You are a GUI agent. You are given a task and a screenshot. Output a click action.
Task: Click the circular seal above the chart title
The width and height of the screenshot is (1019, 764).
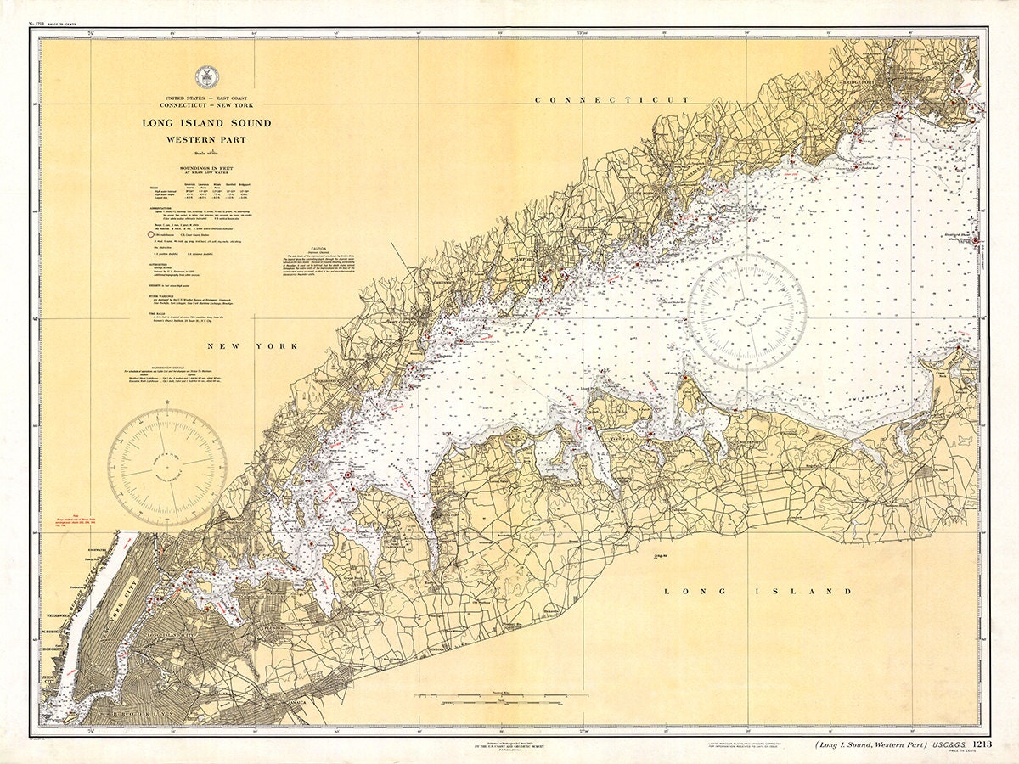click(206, 77)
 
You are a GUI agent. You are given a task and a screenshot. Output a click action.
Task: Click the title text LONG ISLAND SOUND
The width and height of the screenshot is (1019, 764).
click(206, 123)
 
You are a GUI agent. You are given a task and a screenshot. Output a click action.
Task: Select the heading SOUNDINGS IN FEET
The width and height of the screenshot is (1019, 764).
click(206, 169)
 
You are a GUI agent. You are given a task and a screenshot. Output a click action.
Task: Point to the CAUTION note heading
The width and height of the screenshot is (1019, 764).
click(318, 242)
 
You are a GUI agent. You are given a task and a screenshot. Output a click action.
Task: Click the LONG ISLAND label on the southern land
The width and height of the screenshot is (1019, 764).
click(757, 591)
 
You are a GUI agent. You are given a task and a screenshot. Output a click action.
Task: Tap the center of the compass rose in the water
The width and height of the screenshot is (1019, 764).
click(746, 312)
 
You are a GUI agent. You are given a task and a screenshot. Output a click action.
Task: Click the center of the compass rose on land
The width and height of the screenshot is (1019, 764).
click(166, 468)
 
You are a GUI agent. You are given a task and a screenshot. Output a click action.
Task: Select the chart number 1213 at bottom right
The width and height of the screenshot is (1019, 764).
click(982, 744)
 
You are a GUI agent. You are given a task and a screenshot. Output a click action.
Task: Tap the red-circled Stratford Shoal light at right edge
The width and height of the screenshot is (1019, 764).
click(977, 241)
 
